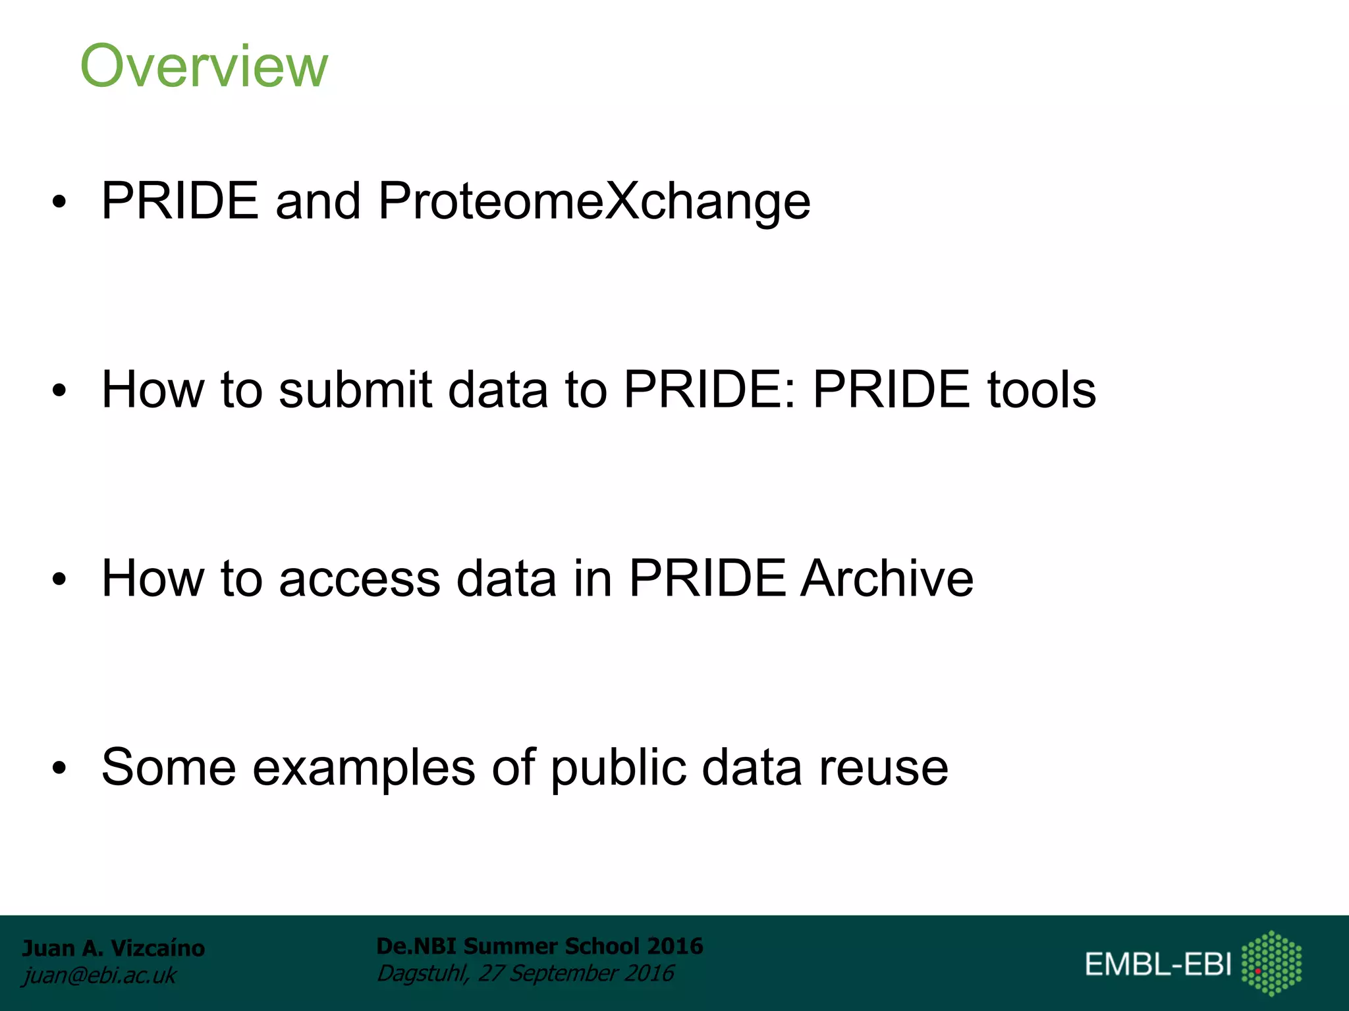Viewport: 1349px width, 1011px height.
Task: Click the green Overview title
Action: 204,66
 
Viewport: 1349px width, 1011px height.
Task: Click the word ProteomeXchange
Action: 593,201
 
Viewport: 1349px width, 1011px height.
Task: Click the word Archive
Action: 886,579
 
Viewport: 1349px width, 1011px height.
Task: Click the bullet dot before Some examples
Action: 59,768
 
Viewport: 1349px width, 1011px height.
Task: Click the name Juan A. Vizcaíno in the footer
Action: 113,948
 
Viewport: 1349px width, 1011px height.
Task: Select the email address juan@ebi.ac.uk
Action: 99,975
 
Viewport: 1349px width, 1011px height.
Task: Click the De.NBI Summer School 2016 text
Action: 539,946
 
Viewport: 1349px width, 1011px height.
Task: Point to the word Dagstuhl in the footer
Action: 422,973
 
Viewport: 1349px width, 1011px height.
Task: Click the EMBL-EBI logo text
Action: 1158,964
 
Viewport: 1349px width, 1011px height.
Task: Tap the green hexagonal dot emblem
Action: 1271,963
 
